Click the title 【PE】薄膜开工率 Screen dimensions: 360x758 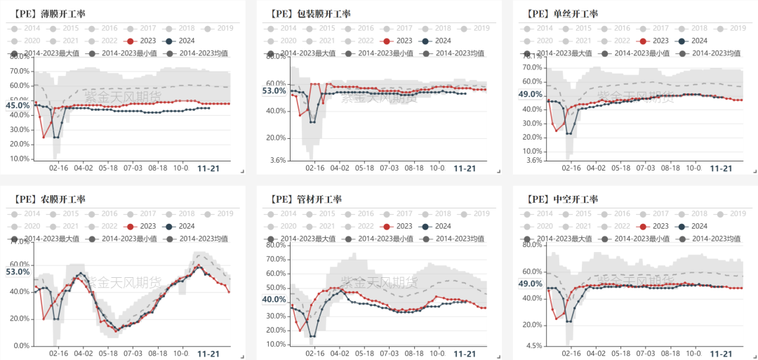click(49, 14)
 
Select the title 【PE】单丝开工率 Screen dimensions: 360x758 click(562, 14)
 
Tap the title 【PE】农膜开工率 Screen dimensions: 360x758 click(49, 199)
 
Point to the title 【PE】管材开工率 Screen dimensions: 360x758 click(306, 199)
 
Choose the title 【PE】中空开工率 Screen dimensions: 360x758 click(562, 199)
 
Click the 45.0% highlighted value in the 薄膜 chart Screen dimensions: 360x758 click(18, 106)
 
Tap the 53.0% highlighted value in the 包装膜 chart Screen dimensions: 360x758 click(274, 91)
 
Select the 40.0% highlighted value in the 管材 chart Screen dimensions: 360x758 click(274, 300)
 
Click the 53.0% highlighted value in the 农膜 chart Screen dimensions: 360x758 click(18, 272)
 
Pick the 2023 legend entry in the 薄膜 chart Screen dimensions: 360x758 click(142, 41)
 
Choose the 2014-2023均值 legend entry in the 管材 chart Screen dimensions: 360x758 click(456, 239)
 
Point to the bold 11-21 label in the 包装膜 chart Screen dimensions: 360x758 click(465, 168)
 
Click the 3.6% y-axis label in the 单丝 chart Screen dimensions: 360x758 click(534, 161)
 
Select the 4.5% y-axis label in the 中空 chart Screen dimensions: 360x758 click(534, 345)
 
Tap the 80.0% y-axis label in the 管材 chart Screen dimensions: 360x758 click(276, 245)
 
